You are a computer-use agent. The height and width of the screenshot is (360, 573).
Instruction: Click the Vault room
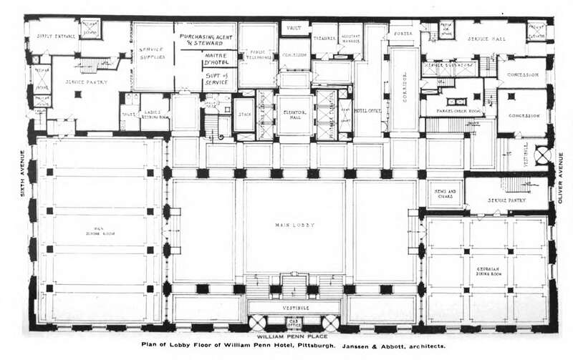[x=294, y=29]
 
